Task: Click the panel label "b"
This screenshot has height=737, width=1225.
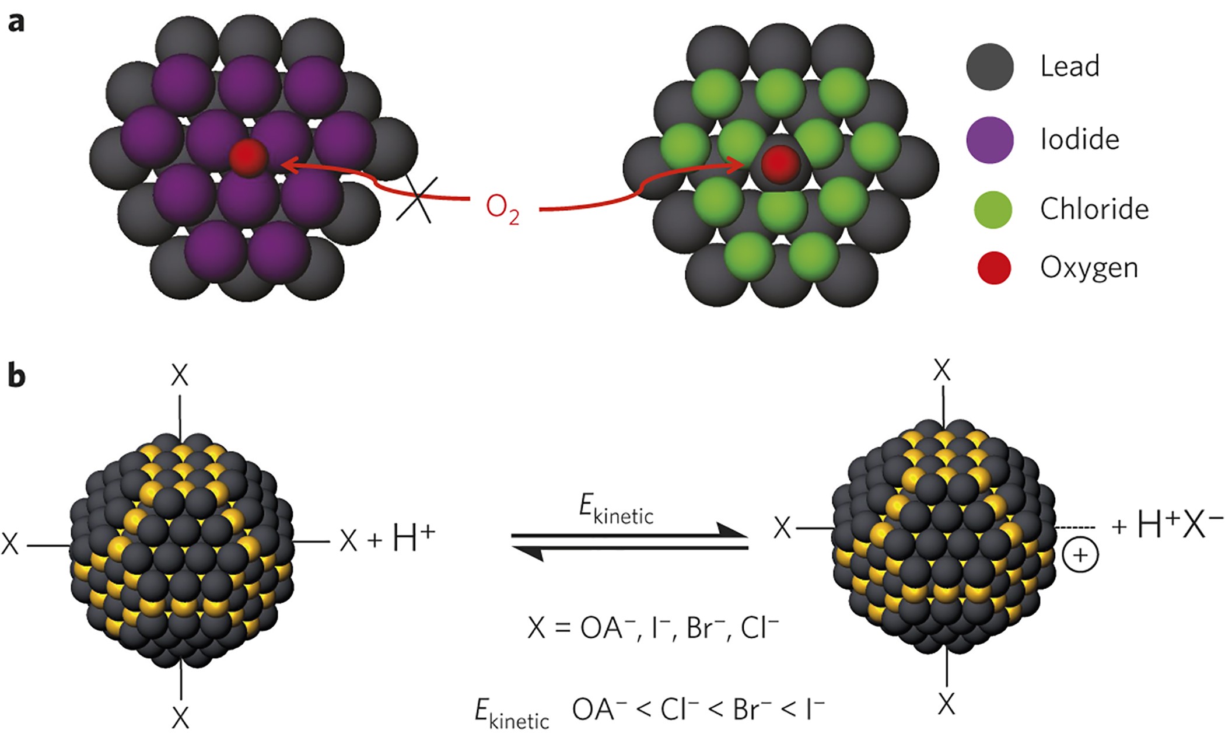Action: point(16,376)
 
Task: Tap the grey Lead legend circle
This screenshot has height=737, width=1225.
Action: point(990,67)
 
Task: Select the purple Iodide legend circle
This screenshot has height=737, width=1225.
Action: point(990,139)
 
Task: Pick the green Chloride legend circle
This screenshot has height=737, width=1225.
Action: point(993,209)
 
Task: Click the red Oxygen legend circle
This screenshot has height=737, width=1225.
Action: point(994,268)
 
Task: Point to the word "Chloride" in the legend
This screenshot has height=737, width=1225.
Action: point(1094,209)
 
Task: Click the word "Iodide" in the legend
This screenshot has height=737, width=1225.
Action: point(1080,139)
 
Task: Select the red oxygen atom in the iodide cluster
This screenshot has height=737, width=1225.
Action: point(249,158)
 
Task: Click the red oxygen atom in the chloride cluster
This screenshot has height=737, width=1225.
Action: point(780,165)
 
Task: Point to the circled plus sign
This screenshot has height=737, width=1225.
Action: point(1080,555)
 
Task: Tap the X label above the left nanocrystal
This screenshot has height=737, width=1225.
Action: point(180,376)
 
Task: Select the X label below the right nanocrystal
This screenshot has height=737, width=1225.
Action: point(946,704)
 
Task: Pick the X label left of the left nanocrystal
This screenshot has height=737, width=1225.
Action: point(10,544)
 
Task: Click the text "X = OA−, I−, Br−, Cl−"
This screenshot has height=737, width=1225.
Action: point(653,628)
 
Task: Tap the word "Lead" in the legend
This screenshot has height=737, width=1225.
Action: point(1070,67)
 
